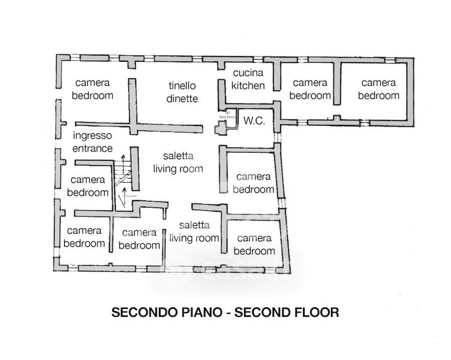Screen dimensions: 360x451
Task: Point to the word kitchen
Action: point(248,86)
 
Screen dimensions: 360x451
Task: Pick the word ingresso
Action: point(92,136)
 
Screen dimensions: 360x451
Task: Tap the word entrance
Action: point(92,148)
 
